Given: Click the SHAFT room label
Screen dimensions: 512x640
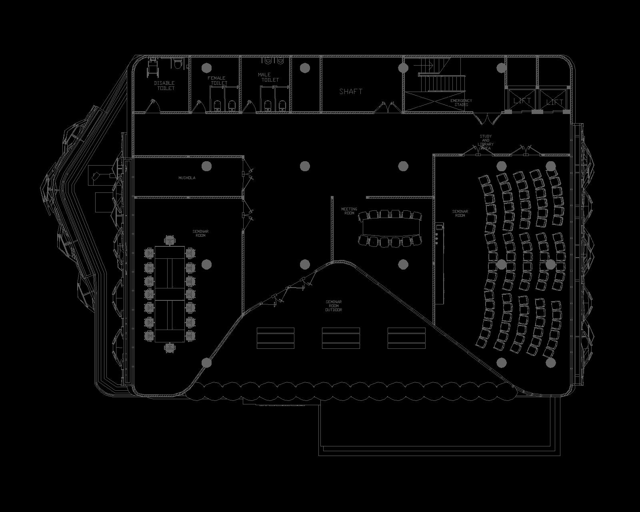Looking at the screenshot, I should tap(351, 91).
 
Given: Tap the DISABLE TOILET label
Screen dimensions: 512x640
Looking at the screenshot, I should tap(164, 86).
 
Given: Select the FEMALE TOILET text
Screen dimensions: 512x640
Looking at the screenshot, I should tap(217, 80).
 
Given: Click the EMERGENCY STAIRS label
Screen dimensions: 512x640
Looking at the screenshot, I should tap(461, 103).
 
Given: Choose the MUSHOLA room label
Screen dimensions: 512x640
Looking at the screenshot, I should tap(187, 178).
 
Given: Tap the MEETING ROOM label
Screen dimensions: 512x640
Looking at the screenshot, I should tap(349, 211).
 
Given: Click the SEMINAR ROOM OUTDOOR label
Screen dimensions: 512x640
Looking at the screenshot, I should tap(334, 306).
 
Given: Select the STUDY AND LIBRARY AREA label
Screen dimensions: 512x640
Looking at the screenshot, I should tap(486, 142).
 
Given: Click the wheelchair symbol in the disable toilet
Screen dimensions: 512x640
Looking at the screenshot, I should tap(153, 68).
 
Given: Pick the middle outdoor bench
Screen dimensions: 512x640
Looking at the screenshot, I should tap(341, 338).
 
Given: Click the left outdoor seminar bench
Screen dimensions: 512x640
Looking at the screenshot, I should tap(275, 338).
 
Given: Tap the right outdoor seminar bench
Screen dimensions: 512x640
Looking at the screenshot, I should tap(406, 338).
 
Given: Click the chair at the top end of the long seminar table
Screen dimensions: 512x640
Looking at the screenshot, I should tap(170, 241).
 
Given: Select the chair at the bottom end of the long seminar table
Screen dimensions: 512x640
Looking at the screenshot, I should tap(170, 347).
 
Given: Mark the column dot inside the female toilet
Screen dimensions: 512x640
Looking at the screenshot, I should tap(207, 68).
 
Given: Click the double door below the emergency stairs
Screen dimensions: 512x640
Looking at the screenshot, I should tap(487, 118).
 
